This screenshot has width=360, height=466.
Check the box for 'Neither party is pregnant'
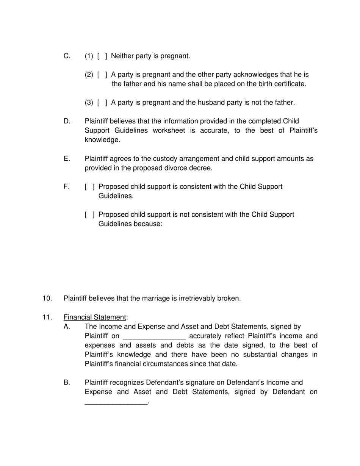tap(102, 56)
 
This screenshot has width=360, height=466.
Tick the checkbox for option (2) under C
tap(102, 75)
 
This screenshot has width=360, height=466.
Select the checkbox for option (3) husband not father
tap(102, 103)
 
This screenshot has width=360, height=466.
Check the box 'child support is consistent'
tap(90, 187)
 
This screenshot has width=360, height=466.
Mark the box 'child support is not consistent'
tap(90, 215)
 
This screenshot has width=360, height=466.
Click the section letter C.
tap(67, 56)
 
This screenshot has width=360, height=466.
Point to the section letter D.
tap(67, 121)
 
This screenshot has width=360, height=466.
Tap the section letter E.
tap(67, 159)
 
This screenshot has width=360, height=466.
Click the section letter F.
tap(67, 187)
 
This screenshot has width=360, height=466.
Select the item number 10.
tap(47, 299)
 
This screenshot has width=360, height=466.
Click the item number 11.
tap(47, 317)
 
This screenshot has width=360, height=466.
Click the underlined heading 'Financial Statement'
tap(95, 317)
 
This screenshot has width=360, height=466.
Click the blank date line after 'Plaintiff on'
tap(154, 336)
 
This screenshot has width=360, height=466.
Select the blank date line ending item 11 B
tap(116, 402)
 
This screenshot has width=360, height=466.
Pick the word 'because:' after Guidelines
tap(148, 224)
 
